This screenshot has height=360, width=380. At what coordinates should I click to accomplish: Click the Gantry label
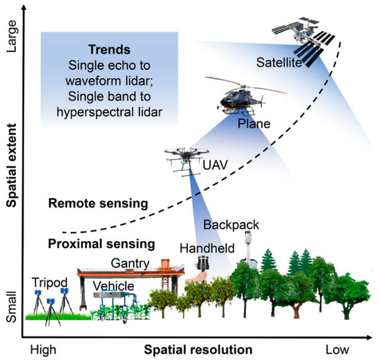click(128, 261)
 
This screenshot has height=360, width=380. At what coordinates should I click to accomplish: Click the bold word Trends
click(109, 51)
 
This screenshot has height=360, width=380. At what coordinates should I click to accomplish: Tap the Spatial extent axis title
click(11, 164)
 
